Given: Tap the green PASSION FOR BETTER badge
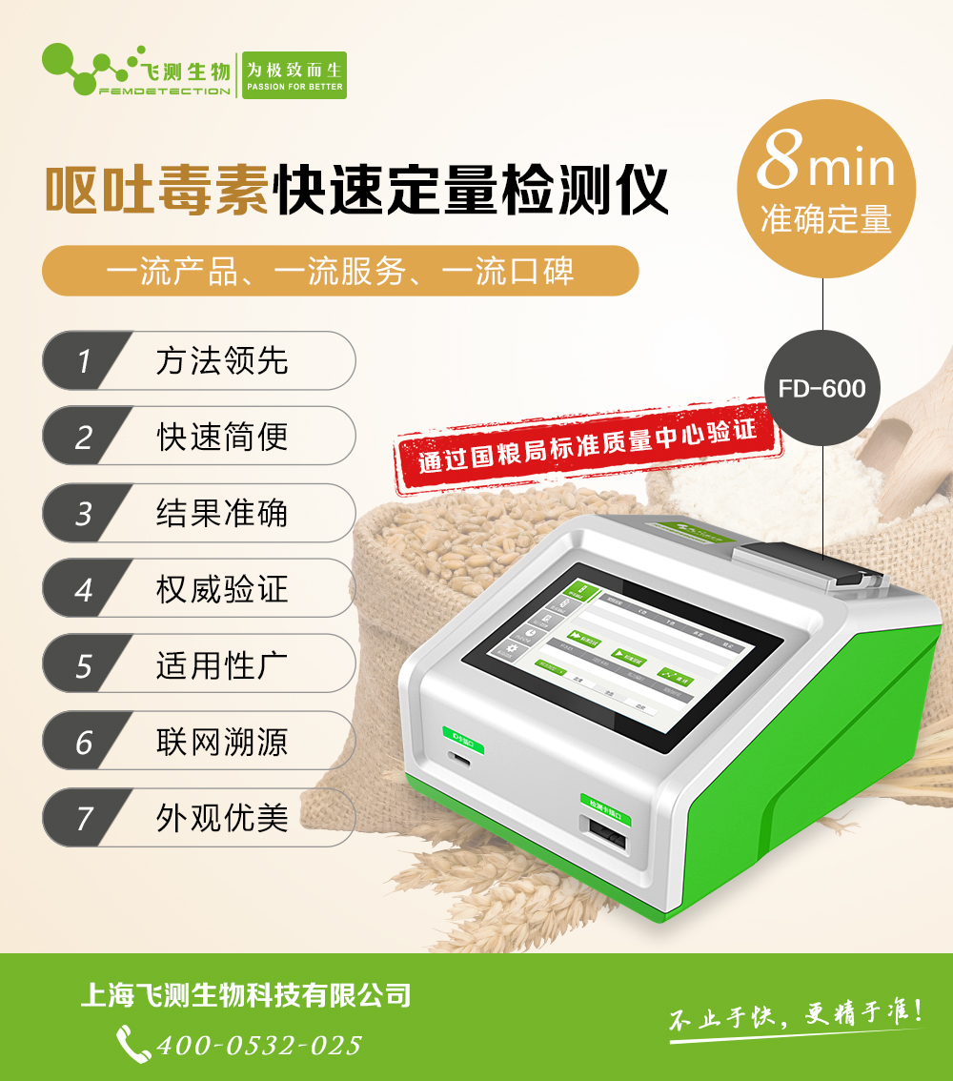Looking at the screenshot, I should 294,75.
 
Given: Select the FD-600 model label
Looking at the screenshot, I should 821,388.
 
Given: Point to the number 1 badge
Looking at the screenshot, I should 84,361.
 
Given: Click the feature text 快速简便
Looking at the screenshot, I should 222,437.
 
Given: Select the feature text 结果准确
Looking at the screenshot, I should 222,513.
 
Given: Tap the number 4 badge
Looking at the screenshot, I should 84,589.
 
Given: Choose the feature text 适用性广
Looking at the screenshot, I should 222,665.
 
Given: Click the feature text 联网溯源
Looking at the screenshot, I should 222,742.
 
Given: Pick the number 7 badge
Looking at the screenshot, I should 84,818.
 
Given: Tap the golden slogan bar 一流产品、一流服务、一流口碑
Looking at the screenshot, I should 339,272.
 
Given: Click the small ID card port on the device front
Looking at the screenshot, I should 460,760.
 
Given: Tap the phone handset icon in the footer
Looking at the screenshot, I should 132,1043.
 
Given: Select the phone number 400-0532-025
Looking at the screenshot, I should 258,1045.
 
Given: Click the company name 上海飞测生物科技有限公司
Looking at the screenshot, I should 246,996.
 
